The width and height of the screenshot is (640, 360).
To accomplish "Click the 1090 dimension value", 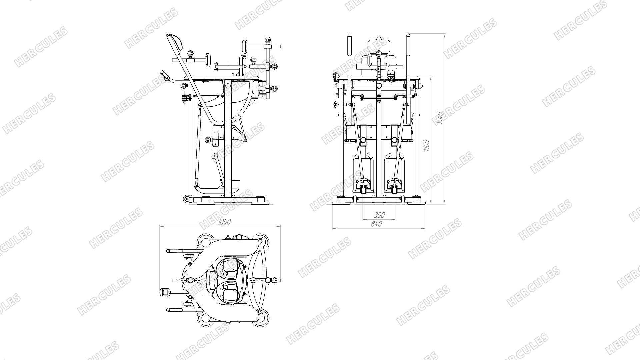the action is point(224,222).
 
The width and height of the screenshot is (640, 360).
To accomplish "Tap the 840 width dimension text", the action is point(376,224).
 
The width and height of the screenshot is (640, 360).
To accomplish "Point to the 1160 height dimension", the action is point(426,146).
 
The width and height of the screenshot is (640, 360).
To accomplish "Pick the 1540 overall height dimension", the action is point(440,118).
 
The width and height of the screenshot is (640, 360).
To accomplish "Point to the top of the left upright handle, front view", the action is point(349,35).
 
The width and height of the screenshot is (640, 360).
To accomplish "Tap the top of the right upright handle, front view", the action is point(408,35).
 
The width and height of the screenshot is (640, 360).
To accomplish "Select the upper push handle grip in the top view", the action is point(175,250).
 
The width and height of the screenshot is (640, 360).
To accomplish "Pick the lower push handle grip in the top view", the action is point(175,310).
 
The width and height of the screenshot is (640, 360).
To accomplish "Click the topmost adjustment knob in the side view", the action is point(267,40).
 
